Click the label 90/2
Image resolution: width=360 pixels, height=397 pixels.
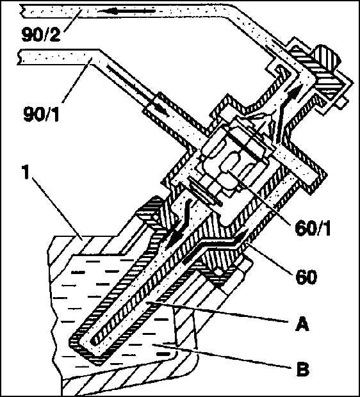coord(41,35)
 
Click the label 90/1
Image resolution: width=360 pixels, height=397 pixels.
coord(41,114)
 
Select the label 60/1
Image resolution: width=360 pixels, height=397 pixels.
coord(313,229)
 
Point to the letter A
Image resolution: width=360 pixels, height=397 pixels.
coord(302,325)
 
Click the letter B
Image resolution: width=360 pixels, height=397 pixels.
coord(303,369)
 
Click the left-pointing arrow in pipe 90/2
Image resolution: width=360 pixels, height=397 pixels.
coord(126,11)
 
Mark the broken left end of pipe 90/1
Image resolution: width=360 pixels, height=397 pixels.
coord(19,57)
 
